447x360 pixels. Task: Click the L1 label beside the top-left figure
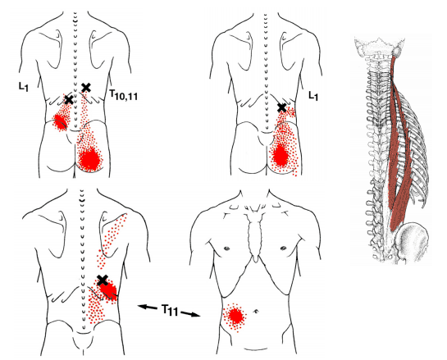pyautogui.click(x=24, y=86)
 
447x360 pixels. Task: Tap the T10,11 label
pyautogui.click(x=124, y=94)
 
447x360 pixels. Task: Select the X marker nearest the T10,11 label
pyautogui.click(x=86, y=88)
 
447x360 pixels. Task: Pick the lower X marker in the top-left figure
pyautogui.click(x=69, y=99)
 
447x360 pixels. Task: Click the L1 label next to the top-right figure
pyautogui.click(x=313, y=95)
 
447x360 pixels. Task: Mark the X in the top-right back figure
pyautogui.click(x=281, y=107)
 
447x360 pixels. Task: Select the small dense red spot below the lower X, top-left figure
pyautogui.click(x=60, y=121)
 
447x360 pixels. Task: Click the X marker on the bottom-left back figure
pyautogui.click(x=103, y=280)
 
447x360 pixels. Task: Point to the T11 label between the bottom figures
pyautogui.click(x=169, y=310)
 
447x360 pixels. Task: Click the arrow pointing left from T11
pyautogui.click(x=148, y=307)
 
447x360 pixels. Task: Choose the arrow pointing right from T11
pyautogui.click(x=190, y=314)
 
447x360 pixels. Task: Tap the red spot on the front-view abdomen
pyautogui.click(x=235, y=316)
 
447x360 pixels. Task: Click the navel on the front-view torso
pyautogui.click(x=256, y=311)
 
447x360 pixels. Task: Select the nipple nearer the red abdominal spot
pyautogui.click(x=226, y=248)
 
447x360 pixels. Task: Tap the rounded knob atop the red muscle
pyautogui.click(x=397, y=52)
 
